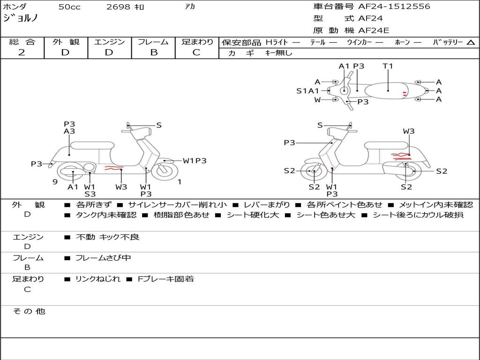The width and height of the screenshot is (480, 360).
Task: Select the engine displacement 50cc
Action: pyautogui.click(x=69, y=7)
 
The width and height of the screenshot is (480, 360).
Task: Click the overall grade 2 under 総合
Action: pyautogui.click(x=22, y=52)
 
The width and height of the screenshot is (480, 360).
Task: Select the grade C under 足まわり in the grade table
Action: pyautogui.click(x=196, y=52)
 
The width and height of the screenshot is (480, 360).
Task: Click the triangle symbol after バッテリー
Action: pyautogui.click(x=471, y=42)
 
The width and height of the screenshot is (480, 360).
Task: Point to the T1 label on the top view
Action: pyautogui.click(x=388, y=66)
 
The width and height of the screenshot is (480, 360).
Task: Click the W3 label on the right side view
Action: pyautogui.click(x=409, y=131)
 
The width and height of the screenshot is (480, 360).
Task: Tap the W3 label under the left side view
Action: pyautogui.click(x=121, y=187)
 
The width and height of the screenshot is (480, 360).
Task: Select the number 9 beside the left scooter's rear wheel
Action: pyautogui.click(x=55, y=181)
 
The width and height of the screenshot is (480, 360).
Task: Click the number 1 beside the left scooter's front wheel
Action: pyautogui.click(x=179, y=181)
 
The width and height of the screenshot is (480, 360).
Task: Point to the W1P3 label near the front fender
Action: pyautogui.click(x=195, y=161)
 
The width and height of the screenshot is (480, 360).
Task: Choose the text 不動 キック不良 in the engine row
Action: pyautogui.click(x=108, y=237)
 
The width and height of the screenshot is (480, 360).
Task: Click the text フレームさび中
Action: pyautogui.click(x=103, y=258)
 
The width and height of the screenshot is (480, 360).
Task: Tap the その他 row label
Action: pyautogui.click(x=29, y=311)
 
